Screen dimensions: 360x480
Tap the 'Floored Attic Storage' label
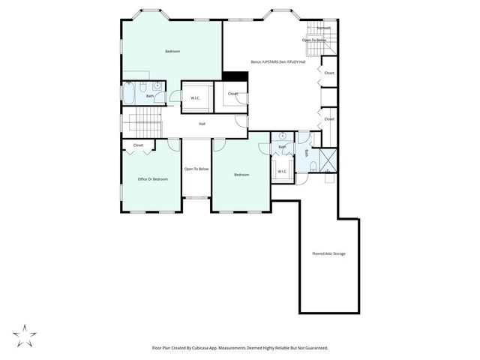(328, 253)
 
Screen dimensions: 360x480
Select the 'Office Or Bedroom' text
(152, 179)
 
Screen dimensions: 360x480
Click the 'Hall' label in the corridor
(202, 124)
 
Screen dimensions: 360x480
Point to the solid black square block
(235, 76)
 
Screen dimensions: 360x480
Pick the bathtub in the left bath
(128, 94)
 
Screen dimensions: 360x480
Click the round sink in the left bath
(157, 85)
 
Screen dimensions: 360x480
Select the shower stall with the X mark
(328, 160)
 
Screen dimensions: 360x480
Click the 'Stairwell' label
(324, 28)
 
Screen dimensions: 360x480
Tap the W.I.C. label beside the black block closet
(195, 97)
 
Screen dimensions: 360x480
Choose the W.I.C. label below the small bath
(282, 172)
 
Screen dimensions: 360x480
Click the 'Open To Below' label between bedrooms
(196, 169)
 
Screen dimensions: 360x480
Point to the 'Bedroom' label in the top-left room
(172, 51)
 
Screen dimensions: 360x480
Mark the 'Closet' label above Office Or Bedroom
(139, 145)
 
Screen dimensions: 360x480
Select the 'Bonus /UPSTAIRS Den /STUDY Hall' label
(278, 62)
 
